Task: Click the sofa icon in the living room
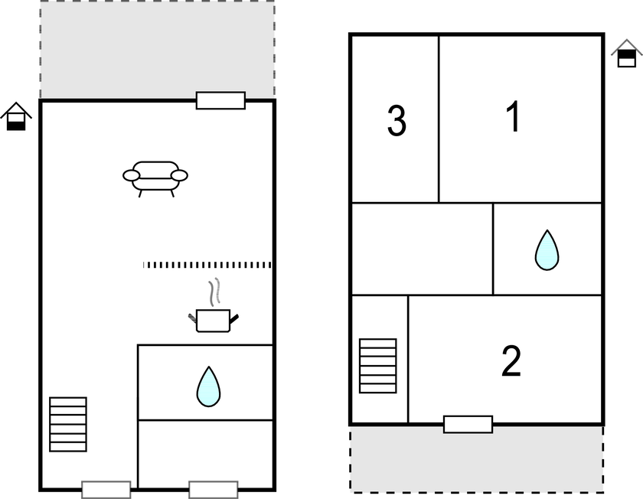point(155,179)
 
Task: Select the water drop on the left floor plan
point(208,386)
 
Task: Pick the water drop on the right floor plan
point(547,250)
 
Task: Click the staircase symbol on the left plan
point(68,424)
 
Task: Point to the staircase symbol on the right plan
point(377,366)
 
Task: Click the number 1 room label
point(514,116)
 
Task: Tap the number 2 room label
point(511,360)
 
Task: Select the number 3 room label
point(397,121)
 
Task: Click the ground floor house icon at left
point(16,117)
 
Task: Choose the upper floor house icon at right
point(627,54)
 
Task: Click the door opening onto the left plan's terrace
point(220,100)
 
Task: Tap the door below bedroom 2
point(468,424)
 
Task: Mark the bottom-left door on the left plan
point(106,490)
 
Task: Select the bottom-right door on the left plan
point(214,490)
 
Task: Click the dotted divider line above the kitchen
point(207,265)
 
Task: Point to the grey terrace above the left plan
point(158,49)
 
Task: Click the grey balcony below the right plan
point(476,459)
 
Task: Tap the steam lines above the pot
point(214,292)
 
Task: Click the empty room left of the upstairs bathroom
point(422,249)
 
